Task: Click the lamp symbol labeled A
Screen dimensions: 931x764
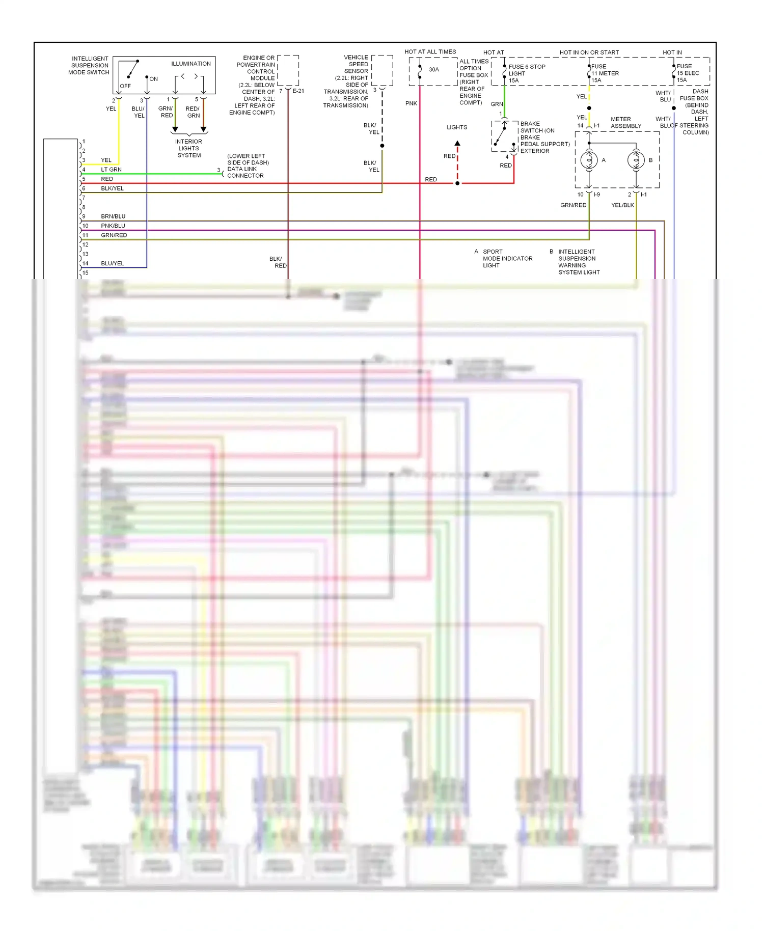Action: [x=589, y=160]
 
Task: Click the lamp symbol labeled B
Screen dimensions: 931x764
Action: [x=636, y=160]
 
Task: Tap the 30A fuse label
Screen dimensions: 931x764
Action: [x=433, y=70]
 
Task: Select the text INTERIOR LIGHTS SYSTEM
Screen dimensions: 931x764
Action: [x=188, y=148]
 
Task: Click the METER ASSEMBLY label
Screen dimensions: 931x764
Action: [x=625, y=123]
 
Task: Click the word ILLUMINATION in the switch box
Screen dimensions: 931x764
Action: [x=190, y=64]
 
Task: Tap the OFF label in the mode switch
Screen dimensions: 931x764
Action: [x=125, y=86]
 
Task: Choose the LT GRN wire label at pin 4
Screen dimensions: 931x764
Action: [x=111, y=170]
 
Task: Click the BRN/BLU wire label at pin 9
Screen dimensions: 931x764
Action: [x=113, y=216]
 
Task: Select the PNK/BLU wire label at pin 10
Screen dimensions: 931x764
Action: [x=113, y=226]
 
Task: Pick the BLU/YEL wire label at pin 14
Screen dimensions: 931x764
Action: [x=113, y=263]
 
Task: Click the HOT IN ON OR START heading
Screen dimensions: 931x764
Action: [x=589, y=52]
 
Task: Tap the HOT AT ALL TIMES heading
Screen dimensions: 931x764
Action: [x=430, y=52]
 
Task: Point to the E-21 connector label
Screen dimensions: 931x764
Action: [x=298, y=91]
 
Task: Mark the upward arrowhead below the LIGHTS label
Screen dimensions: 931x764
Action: [x=457, y=143]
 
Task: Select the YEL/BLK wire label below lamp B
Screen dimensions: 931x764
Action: [x=622, y=205]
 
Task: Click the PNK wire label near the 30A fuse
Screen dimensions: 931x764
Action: [x=411, y=103]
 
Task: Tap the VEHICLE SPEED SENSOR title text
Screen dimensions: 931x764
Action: [x=356, y=64]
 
